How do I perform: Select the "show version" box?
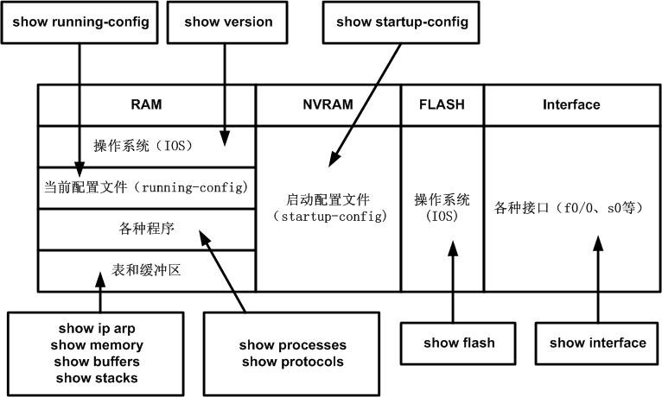tap(228, 22)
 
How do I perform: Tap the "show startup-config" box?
tap(403, 22)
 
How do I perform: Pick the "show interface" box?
tap(597, 343)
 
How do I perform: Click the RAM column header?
tap(146, 104)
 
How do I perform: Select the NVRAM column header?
tap(328, 104)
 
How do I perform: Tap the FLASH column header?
tap(442, 104)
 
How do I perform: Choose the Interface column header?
tap(571, 104)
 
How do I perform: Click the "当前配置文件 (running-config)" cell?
tap(146, 186)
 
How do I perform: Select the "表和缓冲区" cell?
tap(146, 270)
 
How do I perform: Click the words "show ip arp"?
tap(99, 329)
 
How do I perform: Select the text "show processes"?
tap(292, 345)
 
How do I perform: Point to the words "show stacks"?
tap(99, 378)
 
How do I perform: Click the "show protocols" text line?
tap(292, 362)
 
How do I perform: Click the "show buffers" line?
tap(99, 362)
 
